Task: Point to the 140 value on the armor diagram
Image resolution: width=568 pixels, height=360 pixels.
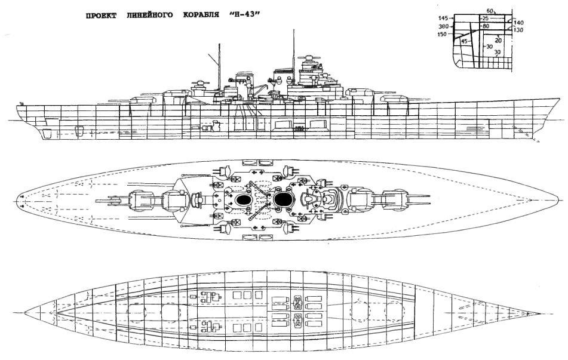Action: pos(518,22)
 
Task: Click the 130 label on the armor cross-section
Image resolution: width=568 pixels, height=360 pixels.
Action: pos(518,30)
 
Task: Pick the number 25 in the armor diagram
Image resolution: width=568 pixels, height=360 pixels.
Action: pos(485,19)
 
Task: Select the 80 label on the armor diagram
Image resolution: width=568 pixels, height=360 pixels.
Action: pos(486,27)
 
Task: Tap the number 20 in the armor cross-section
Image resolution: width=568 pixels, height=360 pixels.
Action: pos(498,40)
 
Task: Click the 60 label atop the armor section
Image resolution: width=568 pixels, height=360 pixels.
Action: pos(490,11)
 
